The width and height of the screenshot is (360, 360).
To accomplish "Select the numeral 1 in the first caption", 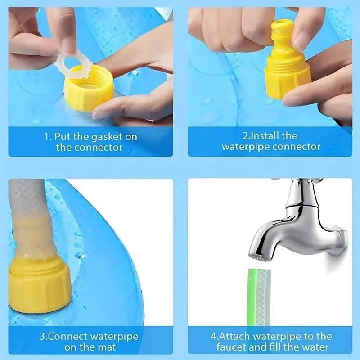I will (47, 137).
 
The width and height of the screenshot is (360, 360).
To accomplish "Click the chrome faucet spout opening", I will (261, 256).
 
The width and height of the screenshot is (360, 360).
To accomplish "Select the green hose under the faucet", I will (257, 297).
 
